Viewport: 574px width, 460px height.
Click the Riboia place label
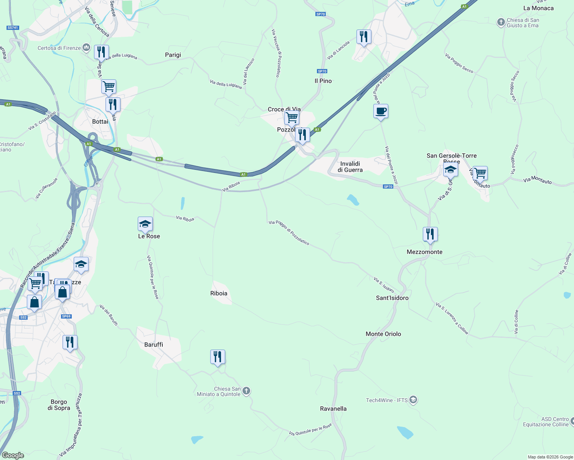[x=219, y=293]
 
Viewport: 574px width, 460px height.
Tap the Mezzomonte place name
[x=424, y=252]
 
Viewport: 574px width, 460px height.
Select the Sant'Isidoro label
[x=392, y=298]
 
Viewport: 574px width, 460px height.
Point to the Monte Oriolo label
[x=383, y=334]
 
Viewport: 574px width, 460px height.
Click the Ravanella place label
[x=333, y=409]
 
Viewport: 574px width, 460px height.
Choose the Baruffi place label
[x=153, y=345]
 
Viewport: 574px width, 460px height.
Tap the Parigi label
[x=173, y=55]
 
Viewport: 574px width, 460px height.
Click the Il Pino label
[x=323, y=81]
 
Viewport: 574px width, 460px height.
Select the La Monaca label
[x=538, y=8]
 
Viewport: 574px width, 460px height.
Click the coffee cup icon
[x=381, y=112]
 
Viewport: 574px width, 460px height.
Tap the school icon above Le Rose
[x=145, y=224]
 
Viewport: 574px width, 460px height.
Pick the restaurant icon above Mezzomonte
[x=430, y=234]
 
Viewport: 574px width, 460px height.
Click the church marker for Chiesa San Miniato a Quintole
[x=246, y=391]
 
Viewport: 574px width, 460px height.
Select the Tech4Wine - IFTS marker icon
[x=413, y=400]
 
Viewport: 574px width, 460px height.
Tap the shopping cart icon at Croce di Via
[x=292, y=117]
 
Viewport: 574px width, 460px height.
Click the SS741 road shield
[x=13, y=28]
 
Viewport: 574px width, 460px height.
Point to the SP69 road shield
[x=66, y=316]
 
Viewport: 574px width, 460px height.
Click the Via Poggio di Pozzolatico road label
[x=289, y=232]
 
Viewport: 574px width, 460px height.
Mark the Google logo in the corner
[x=13, y=455]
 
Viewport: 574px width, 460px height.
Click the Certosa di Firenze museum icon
[x=86, y=48]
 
